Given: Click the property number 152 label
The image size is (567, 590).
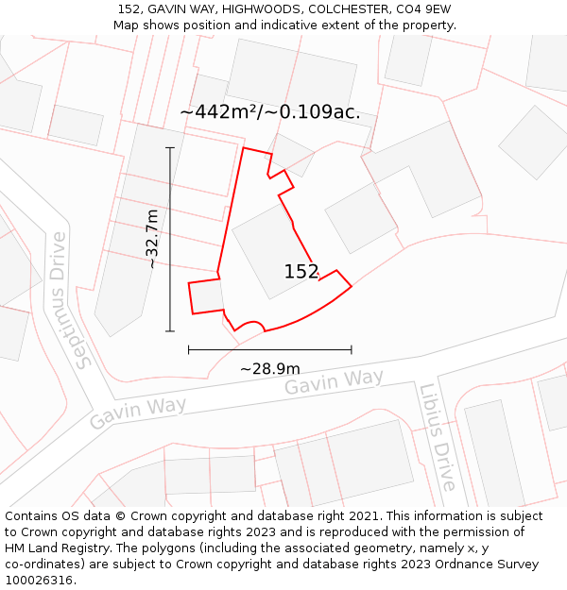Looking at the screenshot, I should [x=301, y=272].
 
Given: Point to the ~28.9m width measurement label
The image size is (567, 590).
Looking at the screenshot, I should [x=269, y=368].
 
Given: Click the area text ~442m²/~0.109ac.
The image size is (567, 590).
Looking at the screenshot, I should [x=269, y=112].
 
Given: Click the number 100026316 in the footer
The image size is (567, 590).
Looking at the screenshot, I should [x=38, y=581].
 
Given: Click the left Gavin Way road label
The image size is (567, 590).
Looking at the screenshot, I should [x=138, y=413].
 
